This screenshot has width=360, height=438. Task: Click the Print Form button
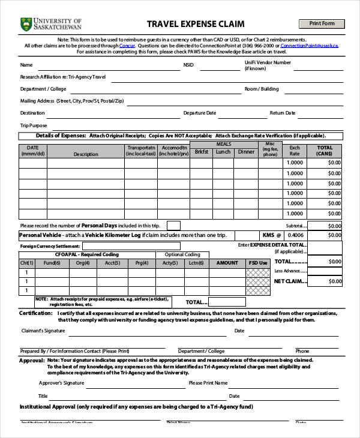click(x=322, y=23)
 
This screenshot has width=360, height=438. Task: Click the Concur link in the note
click(x=127, y=46)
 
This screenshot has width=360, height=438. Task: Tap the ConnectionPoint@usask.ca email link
click(x=309, y=46)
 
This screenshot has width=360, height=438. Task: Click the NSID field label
click(x=189, y=65)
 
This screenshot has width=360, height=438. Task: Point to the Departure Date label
click(x=199, y=113)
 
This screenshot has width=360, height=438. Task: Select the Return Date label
click(x=283, y=113)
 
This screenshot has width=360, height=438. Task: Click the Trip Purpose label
click(x=34, y=125)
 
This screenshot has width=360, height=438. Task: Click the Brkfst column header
click(x=202, y=152)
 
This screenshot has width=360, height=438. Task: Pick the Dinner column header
click(x=246, y=152)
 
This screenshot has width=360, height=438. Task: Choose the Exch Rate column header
click(x=295, y=151)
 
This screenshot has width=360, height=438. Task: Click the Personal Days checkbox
click(x=173, y=226)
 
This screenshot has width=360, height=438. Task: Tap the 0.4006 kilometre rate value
click(x=295, y=235)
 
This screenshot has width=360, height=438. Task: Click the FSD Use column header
click(x=258, y=263)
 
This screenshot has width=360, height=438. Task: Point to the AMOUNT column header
click(x=227, y=263)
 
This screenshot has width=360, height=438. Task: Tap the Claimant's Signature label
click(x=43, y=331)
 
